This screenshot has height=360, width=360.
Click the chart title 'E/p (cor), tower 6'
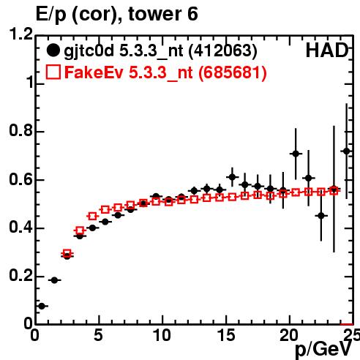click(116, 15)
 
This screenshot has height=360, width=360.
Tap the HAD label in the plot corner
click(327, 50)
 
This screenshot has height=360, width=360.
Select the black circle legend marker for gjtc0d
click(53, 50)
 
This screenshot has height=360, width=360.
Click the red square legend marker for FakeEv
click(53, 72)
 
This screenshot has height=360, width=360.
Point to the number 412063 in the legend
click(222, 50)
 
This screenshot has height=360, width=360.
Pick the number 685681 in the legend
click(232, 72)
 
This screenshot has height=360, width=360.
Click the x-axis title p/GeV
click(323, 349)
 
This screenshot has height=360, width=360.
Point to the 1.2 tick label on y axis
click(21, 34)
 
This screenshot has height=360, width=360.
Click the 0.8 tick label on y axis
click(21, 130)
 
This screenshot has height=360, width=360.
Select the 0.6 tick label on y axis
click(21, 179)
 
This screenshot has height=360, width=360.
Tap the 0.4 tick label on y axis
click(21, 227)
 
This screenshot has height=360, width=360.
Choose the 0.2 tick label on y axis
click(21, 275)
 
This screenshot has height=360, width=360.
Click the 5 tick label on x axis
click(98, 335)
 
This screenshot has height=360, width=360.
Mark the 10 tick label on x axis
click(162, 335)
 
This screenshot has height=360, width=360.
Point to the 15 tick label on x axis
click(226, 335)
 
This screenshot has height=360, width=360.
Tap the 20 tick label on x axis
click(289, 335)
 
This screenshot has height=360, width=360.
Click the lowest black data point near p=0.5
click(42, 306)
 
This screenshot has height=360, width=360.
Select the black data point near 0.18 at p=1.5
click(54, 280)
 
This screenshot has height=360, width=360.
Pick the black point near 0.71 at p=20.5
click(296, 154)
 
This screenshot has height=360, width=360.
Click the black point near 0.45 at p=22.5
click(321, 216)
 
